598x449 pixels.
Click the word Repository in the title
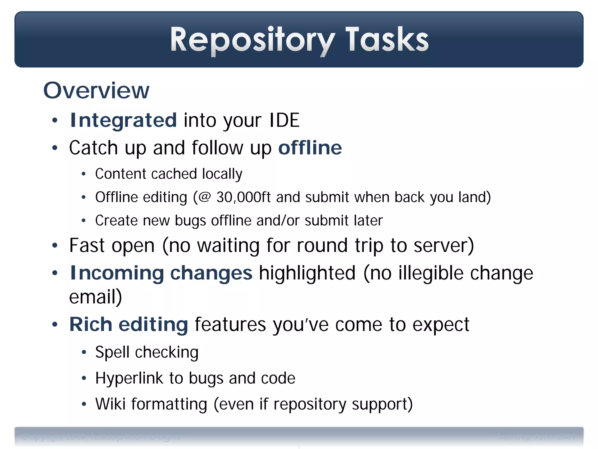point(253,39)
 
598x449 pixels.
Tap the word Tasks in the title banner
point(387,39)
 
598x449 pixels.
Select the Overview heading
point(96,91)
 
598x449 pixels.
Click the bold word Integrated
point(123,120)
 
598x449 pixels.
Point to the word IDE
point(284,120)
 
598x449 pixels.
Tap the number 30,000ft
point(244,197)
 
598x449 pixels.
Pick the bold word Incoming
point(117,273)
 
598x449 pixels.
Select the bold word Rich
point(91,324)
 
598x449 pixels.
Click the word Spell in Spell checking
point(112,352)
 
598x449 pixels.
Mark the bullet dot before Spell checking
point(84,353)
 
